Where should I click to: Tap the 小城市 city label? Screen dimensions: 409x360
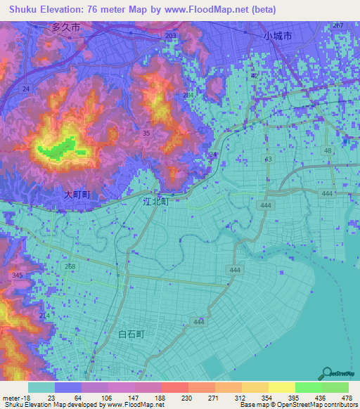click(x=277, y=35)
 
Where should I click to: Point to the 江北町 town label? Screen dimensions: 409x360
click(x=155, y=201)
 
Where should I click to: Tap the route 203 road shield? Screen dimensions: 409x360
click(x=170, y=35)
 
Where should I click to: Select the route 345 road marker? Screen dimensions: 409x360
click(x=17, y=275)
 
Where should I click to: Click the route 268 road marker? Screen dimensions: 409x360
click(x=70, y=267)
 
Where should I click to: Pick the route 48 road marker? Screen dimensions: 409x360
click(x=328, y=151)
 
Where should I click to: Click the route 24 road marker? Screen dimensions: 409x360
click(x=25, y=89)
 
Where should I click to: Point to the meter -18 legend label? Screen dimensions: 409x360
click(x=14, y=398)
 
